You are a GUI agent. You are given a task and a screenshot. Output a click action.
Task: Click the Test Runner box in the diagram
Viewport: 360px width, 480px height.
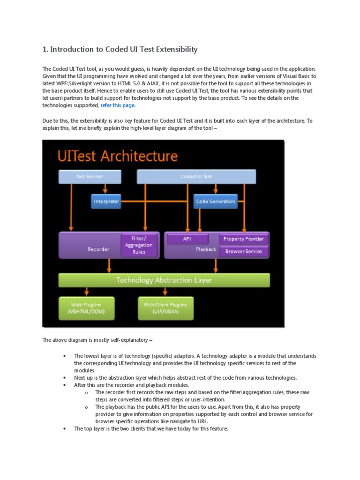(90, 177)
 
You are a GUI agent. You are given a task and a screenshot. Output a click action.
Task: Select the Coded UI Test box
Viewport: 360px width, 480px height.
(196, 177)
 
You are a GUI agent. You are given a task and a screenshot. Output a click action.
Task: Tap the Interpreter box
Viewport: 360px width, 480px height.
(106, 202)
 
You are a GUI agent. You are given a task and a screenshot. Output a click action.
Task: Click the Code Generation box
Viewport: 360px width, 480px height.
(216, 202)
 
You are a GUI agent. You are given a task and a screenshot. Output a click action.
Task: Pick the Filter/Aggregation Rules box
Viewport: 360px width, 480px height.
(138, 245)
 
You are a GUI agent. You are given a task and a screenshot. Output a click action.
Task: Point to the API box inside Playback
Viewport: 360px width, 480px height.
(187, 239)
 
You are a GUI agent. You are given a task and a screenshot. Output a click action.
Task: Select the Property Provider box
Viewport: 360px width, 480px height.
(243, 239)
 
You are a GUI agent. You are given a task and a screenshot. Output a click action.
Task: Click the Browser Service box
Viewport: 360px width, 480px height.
(243, 251)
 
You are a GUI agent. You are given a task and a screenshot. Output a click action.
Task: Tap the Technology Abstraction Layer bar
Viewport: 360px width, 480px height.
(164, 280)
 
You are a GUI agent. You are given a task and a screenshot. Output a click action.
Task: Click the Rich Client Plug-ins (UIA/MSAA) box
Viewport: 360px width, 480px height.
(165, 308)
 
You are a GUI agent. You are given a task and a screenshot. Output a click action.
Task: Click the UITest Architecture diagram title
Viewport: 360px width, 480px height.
(118, 156)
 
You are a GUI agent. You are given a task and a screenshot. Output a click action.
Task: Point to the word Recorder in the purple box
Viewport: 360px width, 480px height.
(98, 249)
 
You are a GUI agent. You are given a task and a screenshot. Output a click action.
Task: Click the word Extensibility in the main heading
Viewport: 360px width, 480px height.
(173, 49)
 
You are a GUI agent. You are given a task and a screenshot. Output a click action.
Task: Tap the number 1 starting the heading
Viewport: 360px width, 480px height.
(45, 49)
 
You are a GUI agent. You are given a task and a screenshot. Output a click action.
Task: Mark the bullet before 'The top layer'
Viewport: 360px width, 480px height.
(64, 428)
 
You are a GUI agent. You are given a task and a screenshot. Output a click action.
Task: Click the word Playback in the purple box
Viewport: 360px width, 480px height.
(206, 249)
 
